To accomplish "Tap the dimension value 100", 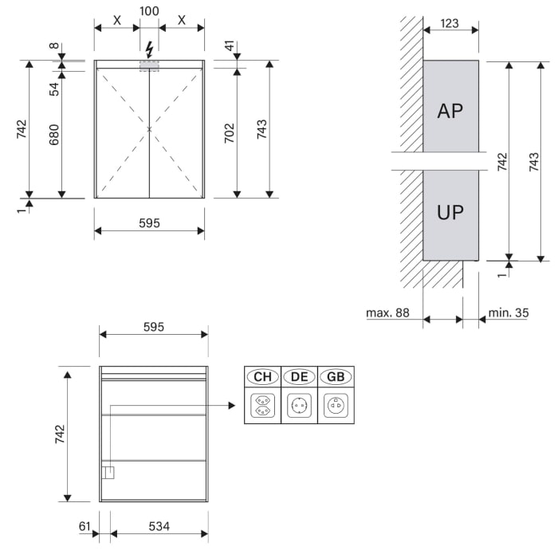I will (x=149, y=11).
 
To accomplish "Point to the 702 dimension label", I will (x=230, y=132).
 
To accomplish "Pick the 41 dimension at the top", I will (x=230, y=47).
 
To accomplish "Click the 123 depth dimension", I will (x=450, y=23).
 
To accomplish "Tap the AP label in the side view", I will (x=450, y=111).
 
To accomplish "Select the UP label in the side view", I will (x=450, y=213).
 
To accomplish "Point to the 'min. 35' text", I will (x=508, y=313).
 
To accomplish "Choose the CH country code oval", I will (x=262, y=377).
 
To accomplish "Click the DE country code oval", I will (x=299, y=377).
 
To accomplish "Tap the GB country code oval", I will (x=336, y=377).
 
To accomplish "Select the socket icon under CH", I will (x=262, y=406).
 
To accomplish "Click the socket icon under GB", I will (x=336, y=406).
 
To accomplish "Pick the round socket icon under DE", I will (x=299, y=406).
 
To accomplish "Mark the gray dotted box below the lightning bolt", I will (x=149, y=65).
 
